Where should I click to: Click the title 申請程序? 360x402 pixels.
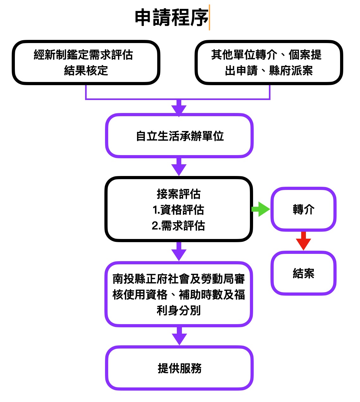(171, 17)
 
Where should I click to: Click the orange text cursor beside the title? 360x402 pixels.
(209, 18)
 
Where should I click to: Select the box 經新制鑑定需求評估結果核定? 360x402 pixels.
(86, 62)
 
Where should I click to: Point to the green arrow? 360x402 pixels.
(261, 209)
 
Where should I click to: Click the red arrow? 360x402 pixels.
(303, 241)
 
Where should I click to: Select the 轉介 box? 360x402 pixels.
(303, 209)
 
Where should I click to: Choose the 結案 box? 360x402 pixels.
(303, 273)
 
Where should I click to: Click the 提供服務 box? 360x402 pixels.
(179, 368)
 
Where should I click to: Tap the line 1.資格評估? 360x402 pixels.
(178, 210)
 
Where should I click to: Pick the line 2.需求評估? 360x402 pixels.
(178, 226)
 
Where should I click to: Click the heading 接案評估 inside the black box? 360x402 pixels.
(178, 194)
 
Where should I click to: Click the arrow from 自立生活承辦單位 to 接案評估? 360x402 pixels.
(179, 167)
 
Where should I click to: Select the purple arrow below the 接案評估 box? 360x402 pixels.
(179, 251)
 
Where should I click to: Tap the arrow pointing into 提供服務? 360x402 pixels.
(179, 336)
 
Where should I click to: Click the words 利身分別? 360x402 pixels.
(179, 311)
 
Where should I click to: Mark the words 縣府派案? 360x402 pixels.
(291, 71)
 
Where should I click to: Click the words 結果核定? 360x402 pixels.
(86, 71)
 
